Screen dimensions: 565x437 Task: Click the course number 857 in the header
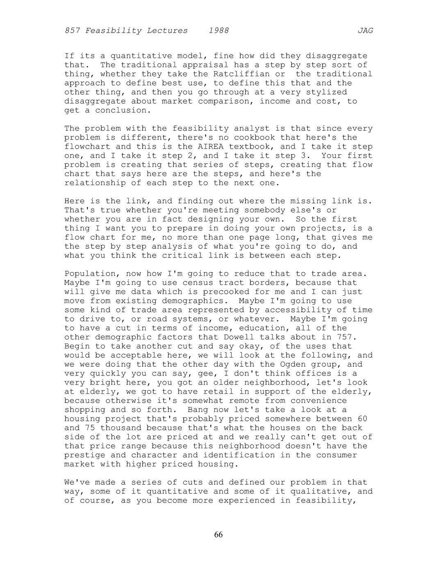pos(72,31)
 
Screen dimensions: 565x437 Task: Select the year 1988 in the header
pos(218,31)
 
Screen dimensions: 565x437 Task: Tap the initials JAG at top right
pos(365,31)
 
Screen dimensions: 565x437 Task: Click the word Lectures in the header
pos(167,31)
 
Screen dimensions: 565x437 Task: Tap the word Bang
pos(198,410)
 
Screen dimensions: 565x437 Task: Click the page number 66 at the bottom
pos(218,535)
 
